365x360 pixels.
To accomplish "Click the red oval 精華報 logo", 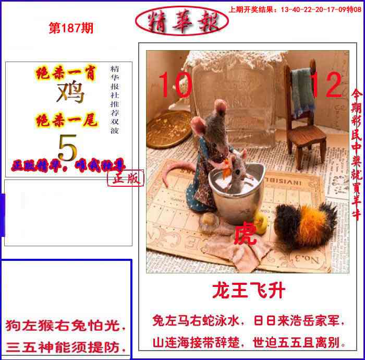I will pyautogui.click(x=181, y=20).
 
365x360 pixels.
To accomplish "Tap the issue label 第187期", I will pyautogui.click(x=71, y=29).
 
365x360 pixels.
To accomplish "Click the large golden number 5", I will pyautogui.click(x=67, y=148).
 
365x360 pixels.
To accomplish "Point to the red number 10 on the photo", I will pyautogui.click(x=175, y=85).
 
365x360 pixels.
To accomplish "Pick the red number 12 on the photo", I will pyautogui.click(x=325, y=85).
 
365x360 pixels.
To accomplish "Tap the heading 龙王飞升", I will pyautogui.click(x=248, y=290).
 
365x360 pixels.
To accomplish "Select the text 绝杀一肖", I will pyautogui.click(x=66, y=74).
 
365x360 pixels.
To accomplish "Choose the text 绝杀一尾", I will pyautogui.click(x=66, y=122).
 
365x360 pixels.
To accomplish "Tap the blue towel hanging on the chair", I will pyautogui.click(x=302, y=91).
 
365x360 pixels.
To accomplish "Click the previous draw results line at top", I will pyautogui.click(x=295, y=9).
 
